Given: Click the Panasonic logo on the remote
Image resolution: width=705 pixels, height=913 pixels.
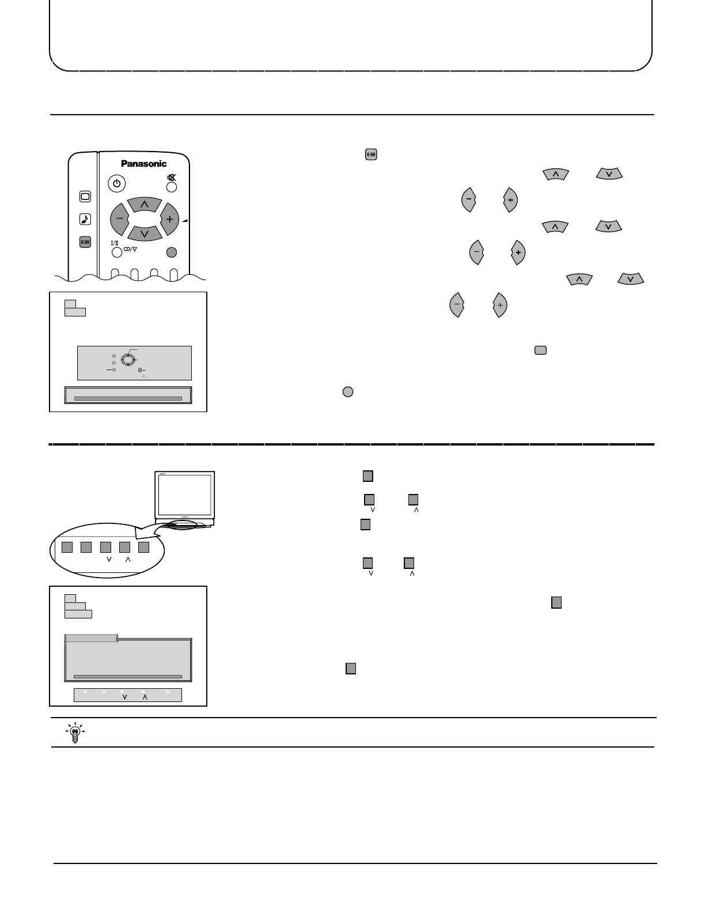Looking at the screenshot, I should (x=143, y=164).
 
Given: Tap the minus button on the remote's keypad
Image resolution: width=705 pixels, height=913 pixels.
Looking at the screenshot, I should (x=120, y=219).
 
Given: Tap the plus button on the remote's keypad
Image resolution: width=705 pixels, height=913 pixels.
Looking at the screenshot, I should (x=169, y=219).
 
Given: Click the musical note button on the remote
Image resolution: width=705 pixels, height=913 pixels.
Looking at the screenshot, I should (x=85, y=219).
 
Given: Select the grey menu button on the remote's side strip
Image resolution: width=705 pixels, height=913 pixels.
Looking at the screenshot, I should (x=85, y=243).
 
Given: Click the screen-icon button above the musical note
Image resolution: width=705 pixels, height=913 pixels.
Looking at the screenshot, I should (x=85, y=197).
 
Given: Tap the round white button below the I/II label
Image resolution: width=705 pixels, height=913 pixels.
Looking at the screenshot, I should (x=117, y=252).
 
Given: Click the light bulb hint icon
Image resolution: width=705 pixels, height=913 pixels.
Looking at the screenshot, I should (x=74, y=732).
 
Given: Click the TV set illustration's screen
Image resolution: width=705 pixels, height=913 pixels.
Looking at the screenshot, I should (x=185, y=495).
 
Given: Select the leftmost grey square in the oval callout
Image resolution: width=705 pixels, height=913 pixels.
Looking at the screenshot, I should (x=67, y=547).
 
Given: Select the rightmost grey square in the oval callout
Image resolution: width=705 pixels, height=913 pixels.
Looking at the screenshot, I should (x=144, y=547).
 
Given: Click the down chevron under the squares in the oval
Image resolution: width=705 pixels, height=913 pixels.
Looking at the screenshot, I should (x=108, y=560).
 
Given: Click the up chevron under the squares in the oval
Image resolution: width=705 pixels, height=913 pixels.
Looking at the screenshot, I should (x=128, y=560).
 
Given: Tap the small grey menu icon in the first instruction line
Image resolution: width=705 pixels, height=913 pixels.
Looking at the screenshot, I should (x=371, y=154).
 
